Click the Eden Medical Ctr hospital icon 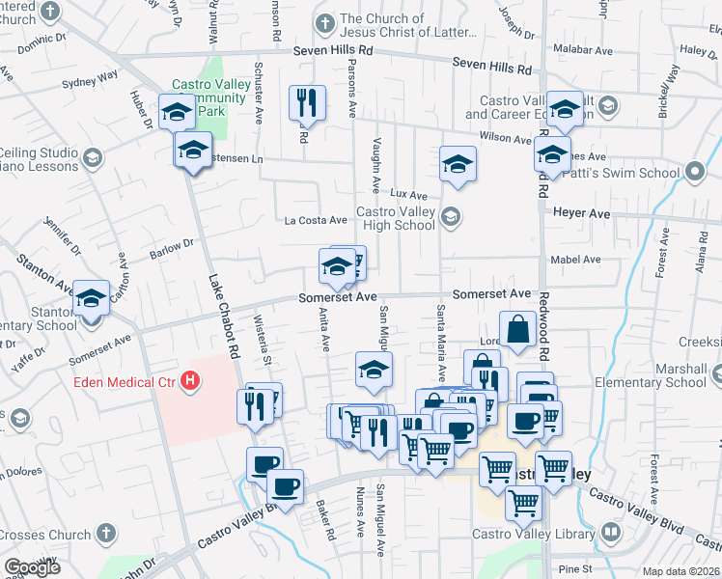click(x=191, y=382)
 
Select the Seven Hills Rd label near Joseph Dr click(x=492, y=68)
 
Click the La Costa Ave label click(x=315, y=220)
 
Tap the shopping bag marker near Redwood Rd click(x=518, y=328)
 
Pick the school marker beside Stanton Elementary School click(x=92, y=301)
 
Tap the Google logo click(x=33, y=567)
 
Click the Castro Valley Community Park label click(x=210, y=97)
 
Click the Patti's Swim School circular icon click(x=696, y=174)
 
